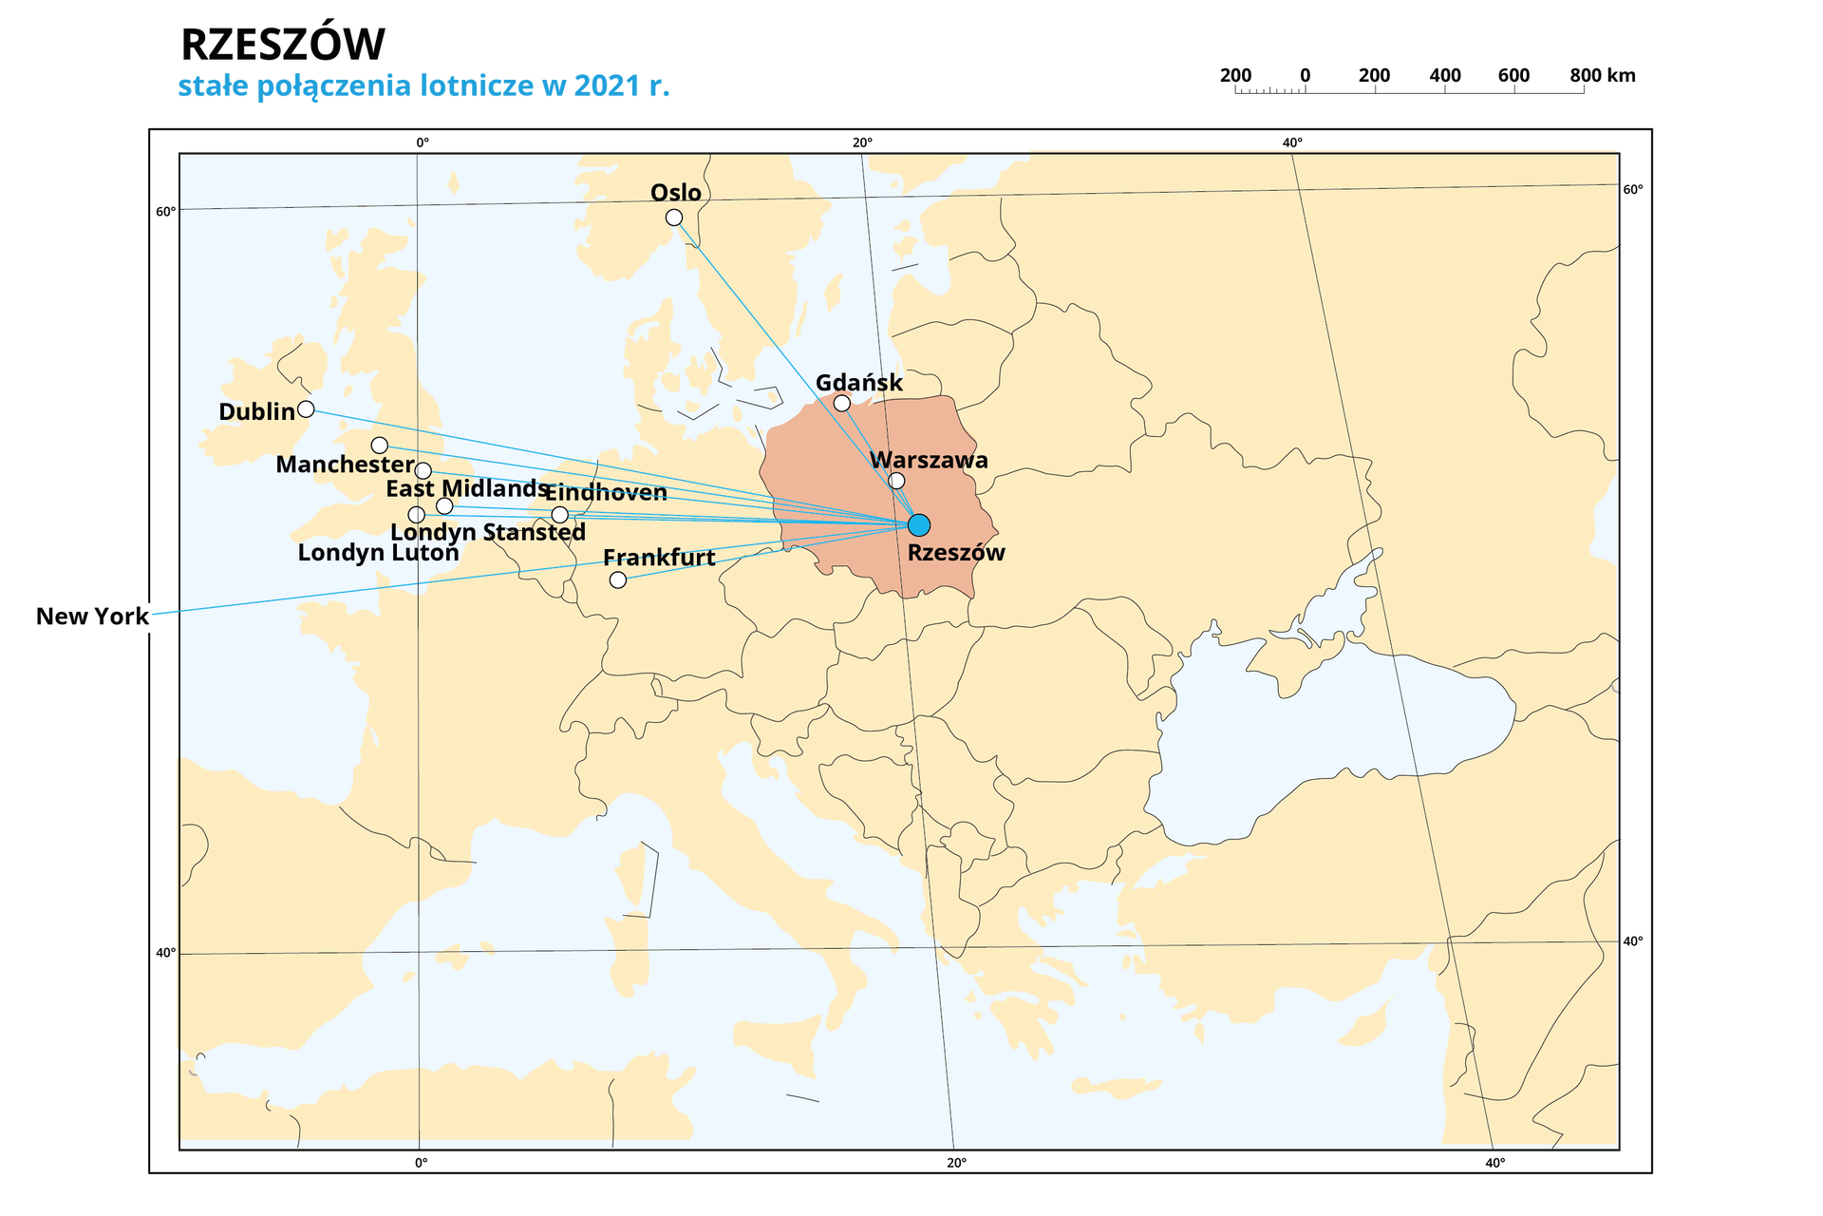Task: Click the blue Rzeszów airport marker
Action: pos(918,525)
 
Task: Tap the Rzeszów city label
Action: pos(955,553)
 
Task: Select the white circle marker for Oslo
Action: pos(674,218)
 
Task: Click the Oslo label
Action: pos(675,193)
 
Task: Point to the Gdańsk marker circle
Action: pos(841,404)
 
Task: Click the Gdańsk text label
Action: pos(858,383)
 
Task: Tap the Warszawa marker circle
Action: pos(896,481)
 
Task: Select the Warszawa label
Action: pos(929,461)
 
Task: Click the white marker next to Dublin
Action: pos(306,409)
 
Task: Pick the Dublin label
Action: pos(256,412)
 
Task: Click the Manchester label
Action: pos(345,465)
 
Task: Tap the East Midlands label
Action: pos(466,489)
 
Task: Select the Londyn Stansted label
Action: pos(488,533)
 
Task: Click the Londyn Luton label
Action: pos(378,553)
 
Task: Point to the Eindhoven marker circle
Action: pos(560,515)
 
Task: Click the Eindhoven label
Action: pos(606,493)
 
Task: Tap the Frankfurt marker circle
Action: pos(618,579)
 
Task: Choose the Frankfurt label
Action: pos(659,558)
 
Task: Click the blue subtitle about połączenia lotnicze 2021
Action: pos(423,86)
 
